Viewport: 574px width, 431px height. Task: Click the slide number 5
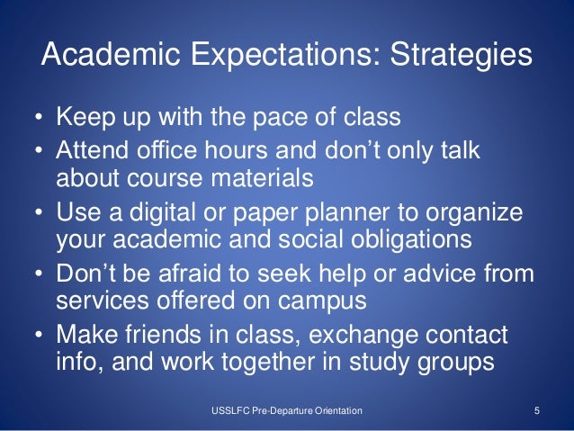click(536, 411)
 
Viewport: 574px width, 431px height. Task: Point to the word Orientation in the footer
click(333, 411)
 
